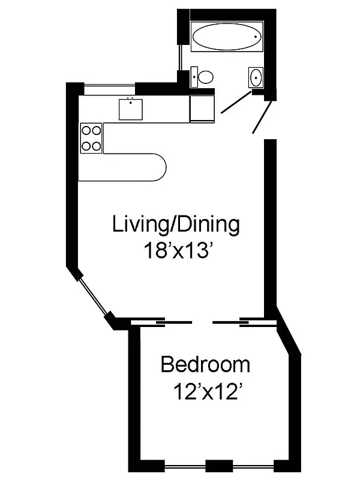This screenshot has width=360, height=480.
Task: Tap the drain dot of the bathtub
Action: (x=256, y=37)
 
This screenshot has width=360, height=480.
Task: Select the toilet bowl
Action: (x=206, y=77)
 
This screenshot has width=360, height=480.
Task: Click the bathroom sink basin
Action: (x=256, y=77)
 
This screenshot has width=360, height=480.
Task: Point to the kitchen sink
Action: (x=130, y=109)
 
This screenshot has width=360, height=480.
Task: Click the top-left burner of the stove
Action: (x=86, y=129)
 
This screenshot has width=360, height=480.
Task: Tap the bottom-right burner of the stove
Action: (x=96, y=145)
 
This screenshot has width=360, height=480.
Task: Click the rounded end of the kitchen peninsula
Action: (x=161, y=166)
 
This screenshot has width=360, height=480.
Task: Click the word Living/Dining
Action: (x=176, y=225)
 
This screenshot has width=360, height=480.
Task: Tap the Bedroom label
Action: (x=205, y=364)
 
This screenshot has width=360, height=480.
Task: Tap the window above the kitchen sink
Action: (x=109, y=89)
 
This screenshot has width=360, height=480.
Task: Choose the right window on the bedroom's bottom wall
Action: (x=253, y=466)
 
